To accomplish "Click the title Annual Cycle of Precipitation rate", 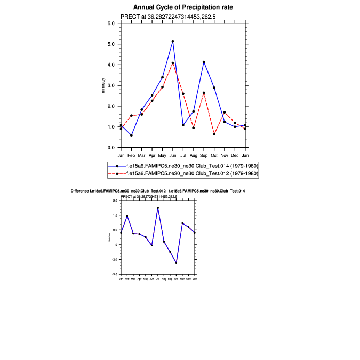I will click(x=183, y=7).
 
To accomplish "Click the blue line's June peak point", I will click(x=173, y=41).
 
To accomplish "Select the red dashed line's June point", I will click(x=173, y=63).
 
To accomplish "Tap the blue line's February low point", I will click(x=131, y=135).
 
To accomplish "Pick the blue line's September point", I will click(x=204, y=62).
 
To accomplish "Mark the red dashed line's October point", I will click(x=214, y=134).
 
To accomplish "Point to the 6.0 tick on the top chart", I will click(x=111, y=23).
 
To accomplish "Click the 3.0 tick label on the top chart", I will click(x=111, y=85).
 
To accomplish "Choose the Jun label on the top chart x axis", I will click(x=173, y=155).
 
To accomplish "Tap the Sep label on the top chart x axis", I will click(x=204, y=155).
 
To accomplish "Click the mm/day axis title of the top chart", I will click(x=103, y=85).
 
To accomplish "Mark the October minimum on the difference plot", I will click(x=176, y=263).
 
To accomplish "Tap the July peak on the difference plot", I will click(x=158, y=208).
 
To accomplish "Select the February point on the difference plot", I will click(x=127, y=215).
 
